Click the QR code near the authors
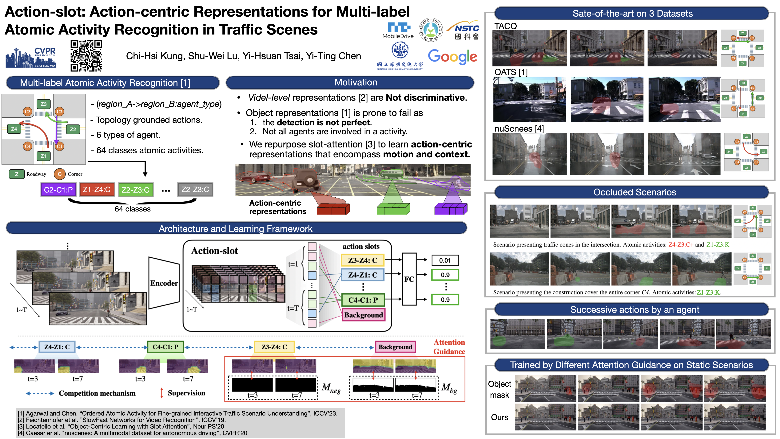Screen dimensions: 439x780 point(86,56)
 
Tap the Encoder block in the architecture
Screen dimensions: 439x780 point(164,283)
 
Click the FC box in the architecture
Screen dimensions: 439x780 point(409,279)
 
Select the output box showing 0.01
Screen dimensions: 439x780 point(445,260)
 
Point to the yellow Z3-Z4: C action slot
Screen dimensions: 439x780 point(362,260)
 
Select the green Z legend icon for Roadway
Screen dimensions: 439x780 point(17,174)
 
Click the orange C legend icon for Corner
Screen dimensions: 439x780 point(60,174)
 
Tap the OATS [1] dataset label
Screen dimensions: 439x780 point(511,72)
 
